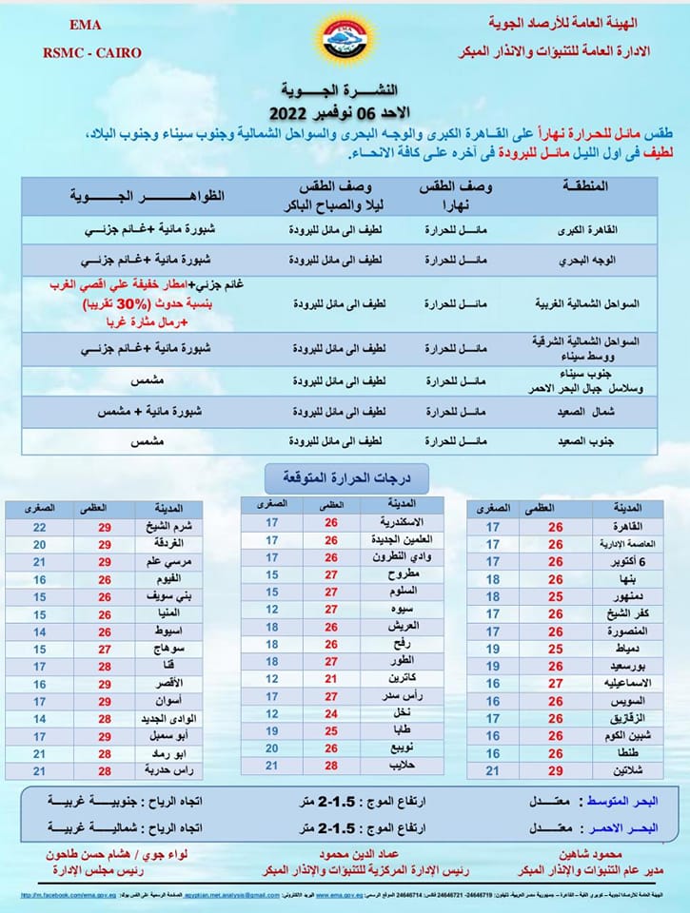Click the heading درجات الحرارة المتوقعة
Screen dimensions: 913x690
click(345, 475)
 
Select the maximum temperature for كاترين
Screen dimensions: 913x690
click(331, 679)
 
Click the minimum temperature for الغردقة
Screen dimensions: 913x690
click(39, 544)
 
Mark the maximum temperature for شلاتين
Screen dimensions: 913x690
click(555, 769)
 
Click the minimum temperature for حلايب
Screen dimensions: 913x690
click(271, 766)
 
